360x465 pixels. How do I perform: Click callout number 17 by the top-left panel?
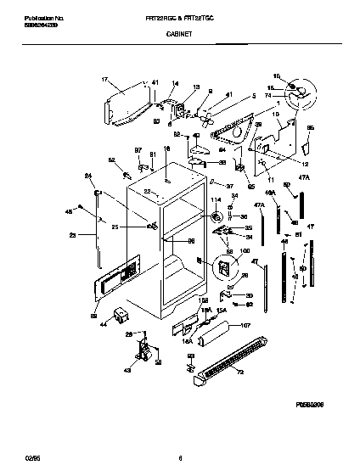coord(104,81)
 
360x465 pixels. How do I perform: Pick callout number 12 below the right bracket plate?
coord(305,162)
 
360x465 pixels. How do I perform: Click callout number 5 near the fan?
coord(252,96)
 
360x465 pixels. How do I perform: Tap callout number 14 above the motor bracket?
coord(176,83)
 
